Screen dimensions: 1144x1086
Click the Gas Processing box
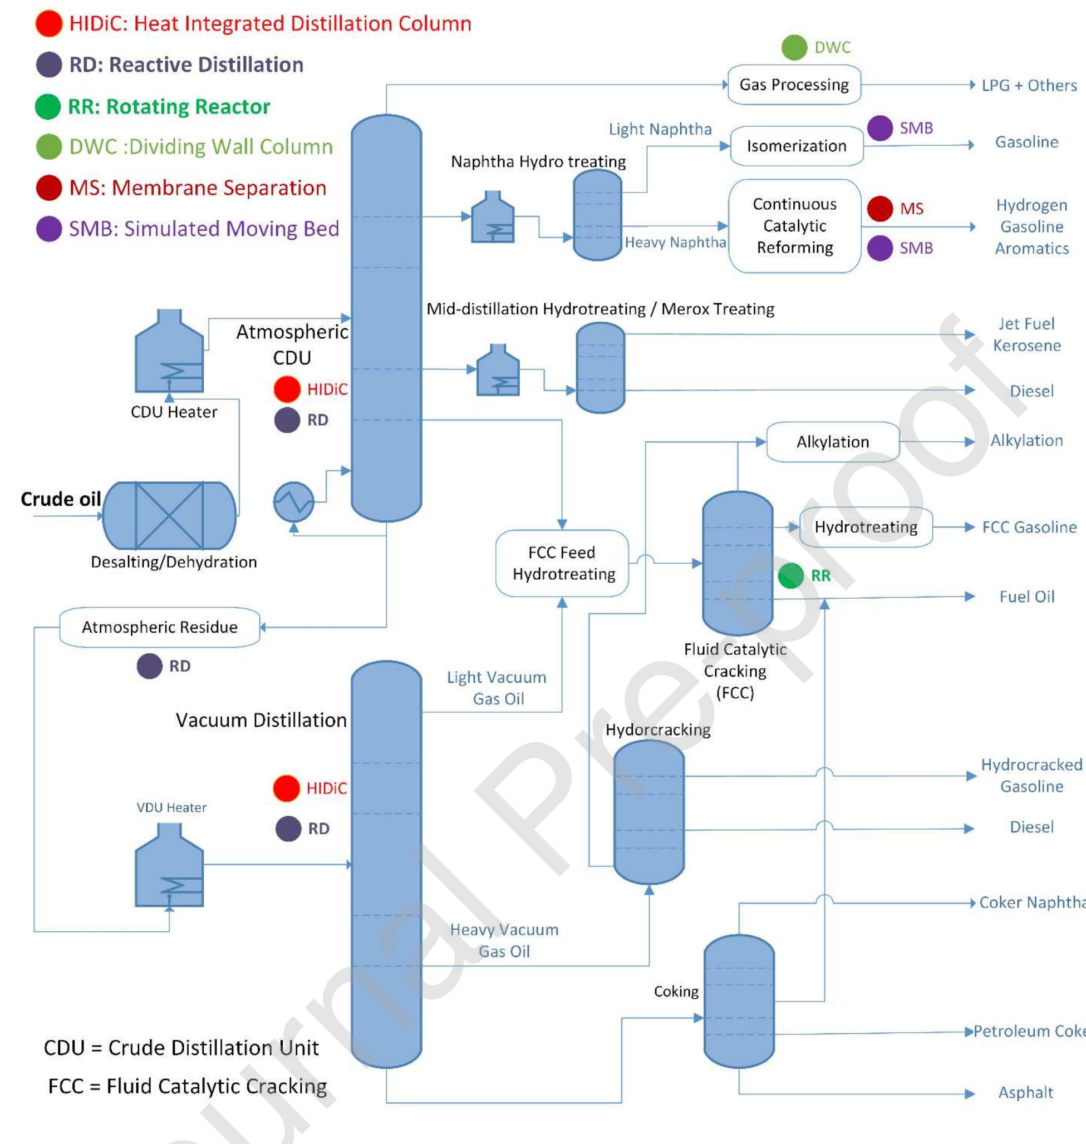794,85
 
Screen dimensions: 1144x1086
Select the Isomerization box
797,146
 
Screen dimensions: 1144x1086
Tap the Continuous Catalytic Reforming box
794,226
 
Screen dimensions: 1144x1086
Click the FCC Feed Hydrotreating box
562,563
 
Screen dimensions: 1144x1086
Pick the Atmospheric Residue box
159,627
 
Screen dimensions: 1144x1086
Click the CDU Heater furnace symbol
169,353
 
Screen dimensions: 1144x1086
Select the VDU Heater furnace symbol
169,866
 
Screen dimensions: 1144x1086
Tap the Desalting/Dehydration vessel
169,516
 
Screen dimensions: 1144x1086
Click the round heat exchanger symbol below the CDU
293,502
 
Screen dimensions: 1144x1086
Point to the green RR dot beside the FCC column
790,576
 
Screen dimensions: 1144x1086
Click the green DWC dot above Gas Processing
794,47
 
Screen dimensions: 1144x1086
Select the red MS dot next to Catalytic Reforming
880,208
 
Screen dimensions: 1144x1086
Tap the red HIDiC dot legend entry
48,24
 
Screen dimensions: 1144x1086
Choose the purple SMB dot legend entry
48,229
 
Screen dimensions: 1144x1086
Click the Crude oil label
61,499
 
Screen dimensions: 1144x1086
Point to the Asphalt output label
1025,1092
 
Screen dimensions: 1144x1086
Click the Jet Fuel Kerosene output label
1026,334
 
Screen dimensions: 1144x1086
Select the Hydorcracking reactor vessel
648,812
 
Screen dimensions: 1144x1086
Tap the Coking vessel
739,1001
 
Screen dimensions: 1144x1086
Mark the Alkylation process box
832,442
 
